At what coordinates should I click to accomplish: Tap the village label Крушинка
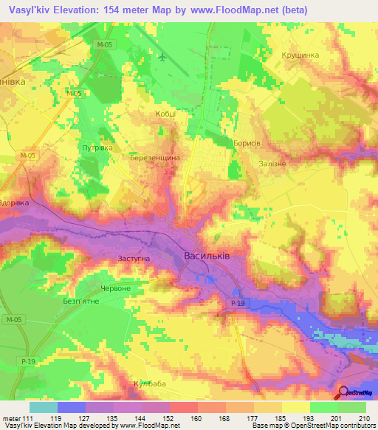tap(299, 55)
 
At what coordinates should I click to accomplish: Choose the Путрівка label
tap(96, 148)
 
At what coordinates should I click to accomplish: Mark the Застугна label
tap(134, 259)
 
